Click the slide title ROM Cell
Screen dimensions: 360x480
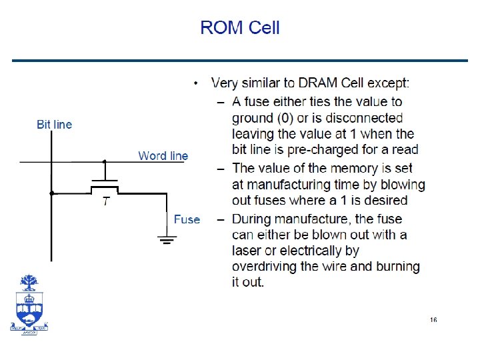click(240, 28)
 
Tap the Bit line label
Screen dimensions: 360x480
click(54, 125)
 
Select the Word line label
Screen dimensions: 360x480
click(163, 156)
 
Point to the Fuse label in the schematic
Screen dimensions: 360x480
click(187, 219)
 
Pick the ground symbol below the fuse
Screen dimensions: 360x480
click(167, 238)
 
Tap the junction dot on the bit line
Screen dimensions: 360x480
click(51, 193)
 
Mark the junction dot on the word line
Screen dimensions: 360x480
click(104, 161)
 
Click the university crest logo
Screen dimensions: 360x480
click(29, 303)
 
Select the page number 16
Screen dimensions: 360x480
click(433, 321)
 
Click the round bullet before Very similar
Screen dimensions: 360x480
click(195, 83)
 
